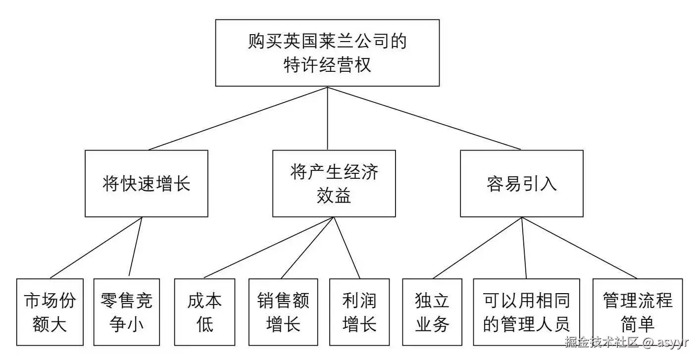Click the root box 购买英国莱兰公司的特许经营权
[x=327, y=53]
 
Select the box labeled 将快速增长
[x=147, y=184]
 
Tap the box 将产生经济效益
[x=334, y=184]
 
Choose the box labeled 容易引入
[x=521, y=184]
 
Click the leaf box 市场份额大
[x=49, y=312]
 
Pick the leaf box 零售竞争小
[x=126, y=312]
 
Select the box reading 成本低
[x=204, y=312]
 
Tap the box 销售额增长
[x=283, y=312]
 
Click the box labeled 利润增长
[x=359, y=312]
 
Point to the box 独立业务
[x=432, y=312]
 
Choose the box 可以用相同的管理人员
[x=526, y=312]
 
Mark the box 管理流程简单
[x=638, y=312]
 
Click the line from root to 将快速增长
[x=238, y=118]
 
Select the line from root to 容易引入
[x=424, y=118]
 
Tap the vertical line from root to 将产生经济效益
[x=328, y=118]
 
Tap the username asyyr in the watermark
[x=673, y=342]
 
